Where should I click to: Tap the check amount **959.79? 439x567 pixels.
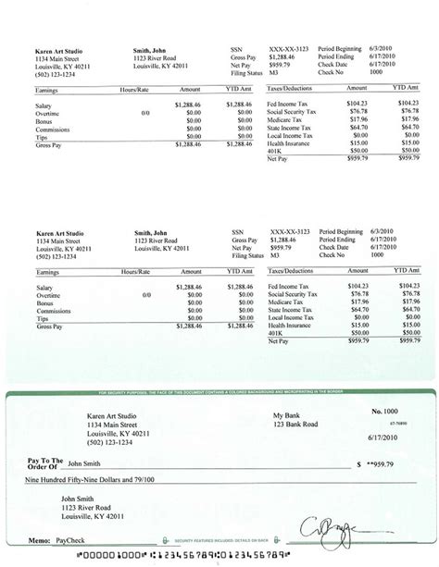382,463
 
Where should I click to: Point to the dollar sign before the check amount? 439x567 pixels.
358,463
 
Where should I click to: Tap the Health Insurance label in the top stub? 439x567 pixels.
291,142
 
